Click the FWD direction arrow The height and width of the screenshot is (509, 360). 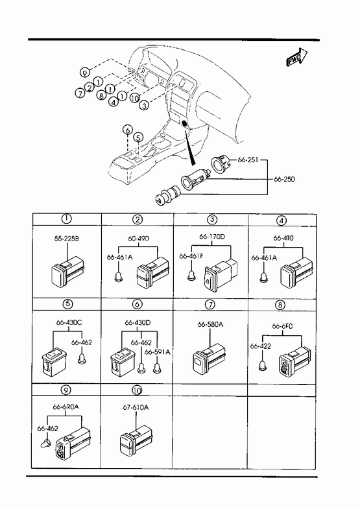pyautogui.click(x=296, y=58)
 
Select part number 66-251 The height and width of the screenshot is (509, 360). pyautogui.click(x=248, y=160)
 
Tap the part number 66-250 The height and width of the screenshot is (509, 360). pyautogui.click(x=284, y=179)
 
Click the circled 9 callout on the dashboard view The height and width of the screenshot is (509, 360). pyautogui.click(x=85, y=73)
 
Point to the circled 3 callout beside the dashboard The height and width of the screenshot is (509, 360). pyautogui.click(x=144, y=105)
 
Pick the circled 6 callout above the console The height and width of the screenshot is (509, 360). pyautogui.click(x=128, y=130)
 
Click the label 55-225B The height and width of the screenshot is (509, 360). pyautogui.click(x=67, y=239)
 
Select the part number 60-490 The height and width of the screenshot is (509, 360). pyautogui.click(x=138, y=239)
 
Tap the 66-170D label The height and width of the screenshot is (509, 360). pyautogui.click(x=211, y=237)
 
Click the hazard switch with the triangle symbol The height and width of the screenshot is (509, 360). pyautogui.click(x=217, y=273)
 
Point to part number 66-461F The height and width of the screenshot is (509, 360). pyautogui.click(x=191, y=256)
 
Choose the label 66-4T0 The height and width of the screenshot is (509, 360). pyautogui.click(x=283, y=238)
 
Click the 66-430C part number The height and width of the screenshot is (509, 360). pyautogui.click(x=69, y=323)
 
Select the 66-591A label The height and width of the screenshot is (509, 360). pyautogui.click(x=158, y=352)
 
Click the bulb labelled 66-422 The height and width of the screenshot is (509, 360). pyautogui.click(x=261, y=366)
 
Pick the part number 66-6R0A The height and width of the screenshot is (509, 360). pyautogui.click(x=66, y=407)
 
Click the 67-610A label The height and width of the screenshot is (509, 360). pyautogui.click(x=136, y=407)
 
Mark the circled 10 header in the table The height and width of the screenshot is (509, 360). pyautogui.click(x=138, y=390)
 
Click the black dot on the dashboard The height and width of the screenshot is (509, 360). pyautogui.click(x=184, y=123)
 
